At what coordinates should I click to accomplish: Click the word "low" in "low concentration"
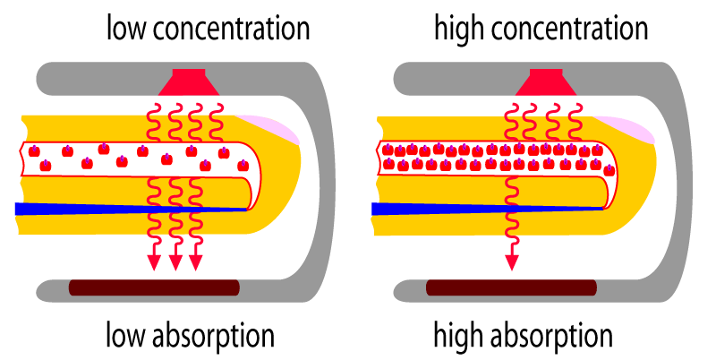point(126,29)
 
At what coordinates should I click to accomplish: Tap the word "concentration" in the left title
point(232,30)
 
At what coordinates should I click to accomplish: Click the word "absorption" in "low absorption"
point(213,337)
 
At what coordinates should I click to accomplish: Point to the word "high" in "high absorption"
point(457,336)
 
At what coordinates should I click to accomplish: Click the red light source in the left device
point(189,82)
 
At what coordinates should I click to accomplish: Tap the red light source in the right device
point(546,82)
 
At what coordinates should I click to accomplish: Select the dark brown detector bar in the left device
point(154,287)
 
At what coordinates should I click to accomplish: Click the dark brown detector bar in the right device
point(511,287)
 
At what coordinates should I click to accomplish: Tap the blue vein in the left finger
point(131,209)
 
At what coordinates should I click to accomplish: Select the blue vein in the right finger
point(487,209)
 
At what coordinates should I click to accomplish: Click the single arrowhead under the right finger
point(512,262)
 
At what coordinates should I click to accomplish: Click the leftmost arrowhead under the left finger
point(154,262)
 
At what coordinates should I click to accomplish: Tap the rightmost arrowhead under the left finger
point(195,262)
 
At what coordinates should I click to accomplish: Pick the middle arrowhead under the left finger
point(175,262)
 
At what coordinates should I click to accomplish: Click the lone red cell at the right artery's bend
point(609,171)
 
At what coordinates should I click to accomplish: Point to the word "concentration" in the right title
point(569,30)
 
